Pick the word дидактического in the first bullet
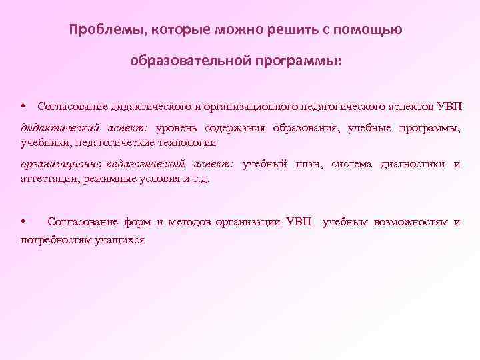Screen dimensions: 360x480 pos(151,107)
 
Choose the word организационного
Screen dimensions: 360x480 pos(249,107)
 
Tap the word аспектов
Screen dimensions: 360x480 pos(409,107)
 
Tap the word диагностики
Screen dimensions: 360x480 pos(413,164)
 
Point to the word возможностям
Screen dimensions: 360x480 pos(411,221)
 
